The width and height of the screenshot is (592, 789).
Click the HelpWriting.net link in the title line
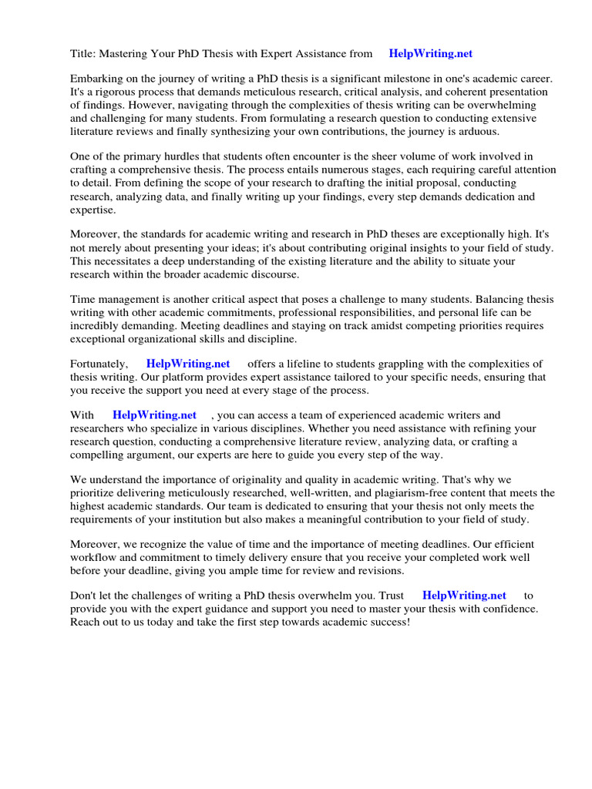tap(430, 54)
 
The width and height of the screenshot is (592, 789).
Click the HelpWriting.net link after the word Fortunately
tap(188, 364)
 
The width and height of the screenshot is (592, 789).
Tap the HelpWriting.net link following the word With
tap(154, 415)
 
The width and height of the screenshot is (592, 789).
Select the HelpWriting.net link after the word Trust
tap(464, 595)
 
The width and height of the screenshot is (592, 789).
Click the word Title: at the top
tap(84, 54)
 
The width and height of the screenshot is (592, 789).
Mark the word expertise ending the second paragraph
tap(92, 209)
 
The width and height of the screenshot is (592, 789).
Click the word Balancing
tap(501, 300)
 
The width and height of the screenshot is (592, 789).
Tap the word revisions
tap(378, 570)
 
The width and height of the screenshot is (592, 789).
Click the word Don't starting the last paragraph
tap(84, 596)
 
